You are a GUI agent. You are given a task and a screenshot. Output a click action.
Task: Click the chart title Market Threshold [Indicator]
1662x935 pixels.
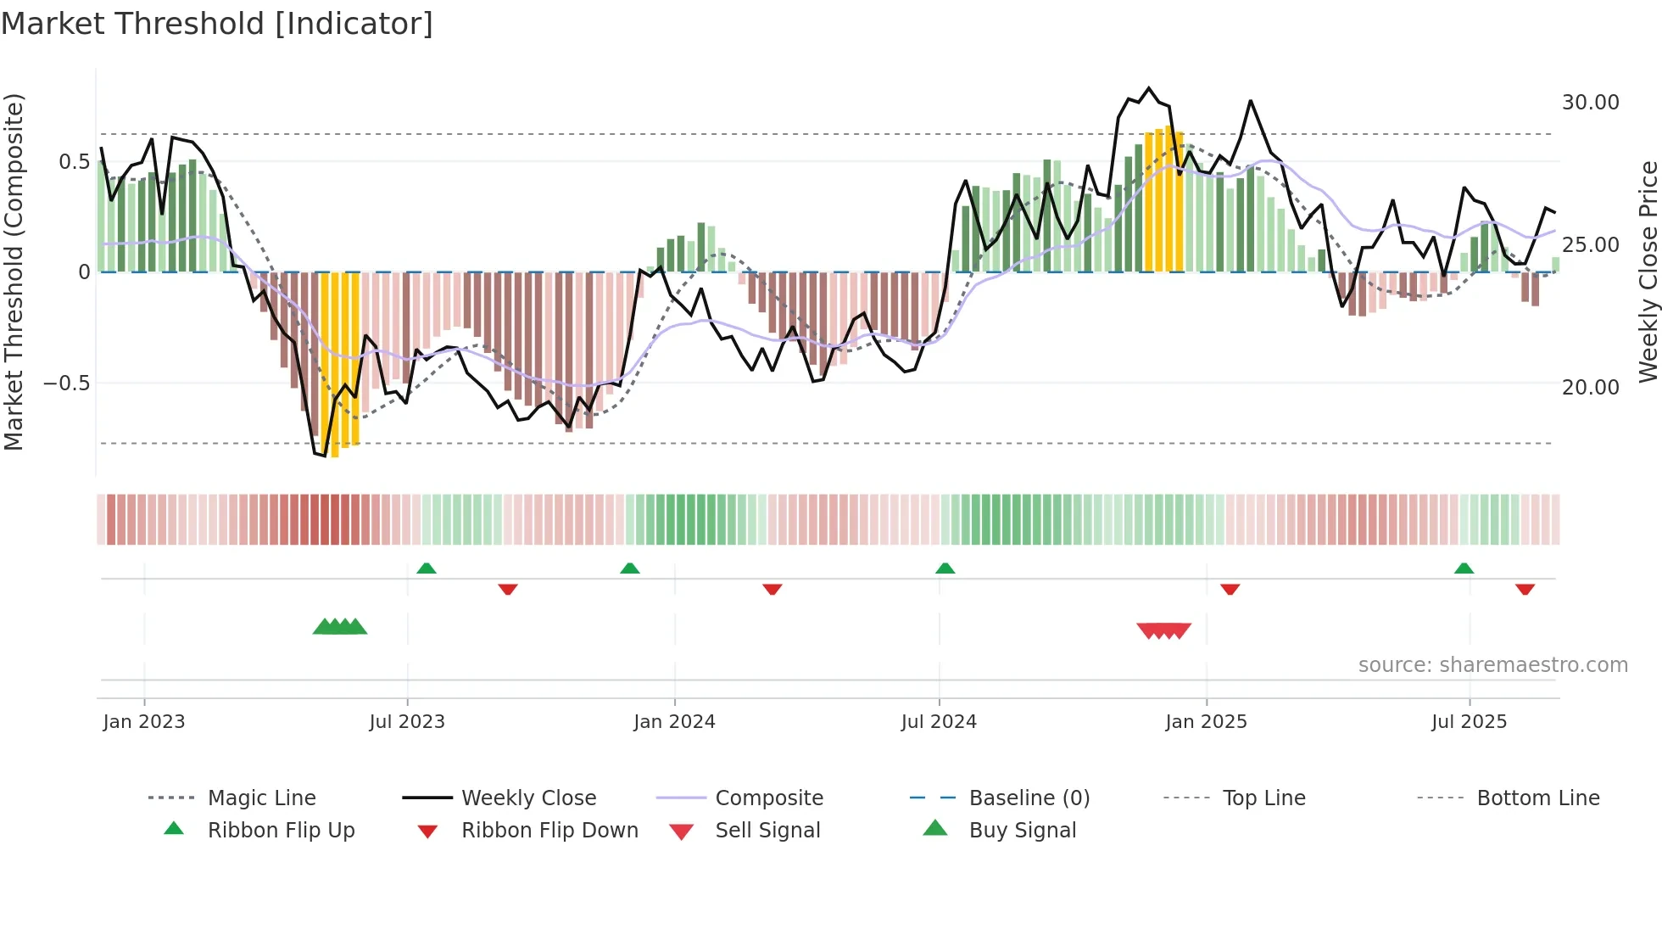click(x=217, y=24)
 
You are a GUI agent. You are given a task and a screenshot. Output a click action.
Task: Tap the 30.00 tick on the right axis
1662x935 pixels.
click(x=1590, y=103)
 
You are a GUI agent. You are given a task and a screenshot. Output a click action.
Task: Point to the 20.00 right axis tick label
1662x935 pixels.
click(x=1590, y=388)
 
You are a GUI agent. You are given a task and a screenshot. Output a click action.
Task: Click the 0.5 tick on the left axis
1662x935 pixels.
click(x=74, y=162)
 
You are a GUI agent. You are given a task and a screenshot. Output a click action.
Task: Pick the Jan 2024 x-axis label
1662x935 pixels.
click(x=674, y=722)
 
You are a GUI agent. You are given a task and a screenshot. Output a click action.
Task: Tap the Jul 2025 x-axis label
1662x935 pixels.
click(x=1469, y=722)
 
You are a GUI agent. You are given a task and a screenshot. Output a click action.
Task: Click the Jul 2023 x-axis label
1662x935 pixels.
click(x=407, y=722)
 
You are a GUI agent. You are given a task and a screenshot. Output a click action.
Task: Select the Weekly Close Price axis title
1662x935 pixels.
click(x=1648, y=272)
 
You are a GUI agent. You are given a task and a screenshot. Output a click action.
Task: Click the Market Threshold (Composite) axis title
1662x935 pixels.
click(x=14, y=272)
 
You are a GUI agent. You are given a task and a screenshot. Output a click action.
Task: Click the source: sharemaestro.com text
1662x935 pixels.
click(x=1492, y=665)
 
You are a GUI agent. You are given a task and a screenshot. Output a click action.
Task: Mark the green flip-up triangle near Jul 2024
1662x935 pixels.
click(x=945, y=568)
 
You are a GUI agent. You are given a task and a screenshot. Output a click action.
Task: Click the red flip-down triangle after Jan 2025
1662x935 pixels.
click(x=1230, y=589)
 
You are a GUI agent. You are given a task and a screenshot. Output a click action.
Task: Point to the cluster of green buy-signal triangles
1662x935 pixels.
click(x=340, y=627)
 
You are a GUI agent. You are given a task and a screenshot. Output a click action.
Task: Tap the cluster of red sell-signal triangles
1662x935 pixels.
click(x=1163, y=630)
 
